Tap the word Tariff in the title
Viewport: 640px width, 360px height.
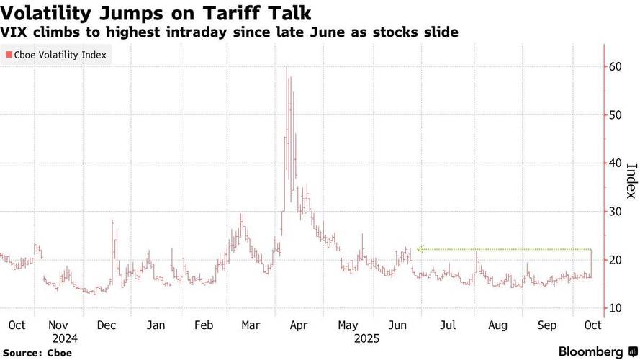pyautogui.click(x=230, y=13)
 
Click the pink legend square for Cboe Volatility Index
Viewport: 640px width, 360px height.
pyautogui.click(x=9, y=55)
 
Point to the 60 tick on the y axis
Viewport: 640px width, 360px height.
pyautogui.click(x=615, y=66)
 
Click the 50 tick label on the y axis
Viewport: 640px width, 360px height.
pyautogui.click(x=615, y=114)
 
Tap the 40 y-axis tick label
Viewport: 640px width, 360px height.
pyautogui.click(x=615, y=163)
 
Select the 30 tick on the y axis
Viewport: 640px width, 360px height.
pyautogui.click(x=615, y=212)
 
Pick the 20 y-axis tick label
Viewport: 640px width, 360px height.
pyautogui.click(x=615, y=260)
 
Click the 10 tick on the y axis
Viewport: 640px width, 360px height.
pyautogui.click(x=615, y=308)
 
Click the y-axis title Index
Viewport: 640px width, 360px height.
pyautogui.click(x=631, y=181)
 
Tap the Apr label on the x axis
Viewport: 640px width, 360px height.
pyautogui.click(x=299, y=325)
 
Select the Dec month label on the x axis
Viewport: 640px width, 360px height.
pyautogui.click(x=107, y=325)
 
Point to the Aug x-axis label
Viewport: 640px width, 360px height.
pyautogui.click(x=498, y=325)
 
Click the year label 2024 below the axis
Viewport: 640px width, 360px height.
pyautogui.click(x=65, y=339)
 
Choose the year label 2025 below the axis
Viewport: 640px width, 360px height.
pyautogui.click(x=366, y=339)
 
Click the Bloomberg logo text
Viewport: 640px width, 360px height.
pyautogui.click(x=590, y=352)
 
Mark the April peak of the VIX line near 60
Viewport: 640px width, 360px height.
pyautogui.click(x=286, y=66)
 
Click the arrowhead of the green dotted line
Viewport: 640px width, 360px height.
pyautogui.click(x=419, y=249)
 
